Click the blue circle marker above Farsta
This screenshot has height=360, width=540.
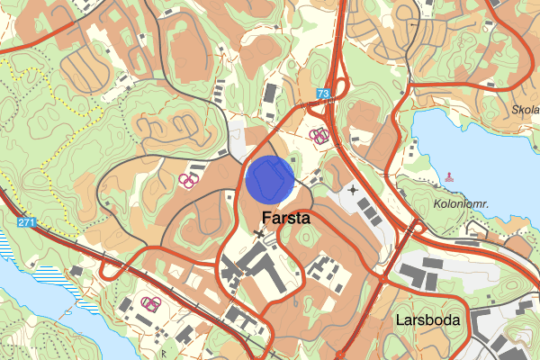(270, 179)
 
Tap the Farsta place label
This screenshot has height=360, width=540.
(286, 218)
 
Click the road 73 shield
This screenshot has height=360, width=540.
(324, 94)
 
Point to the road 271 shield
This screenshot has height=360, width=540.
(28, 221)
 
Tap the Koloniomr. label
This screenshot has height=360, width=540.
(459, 204)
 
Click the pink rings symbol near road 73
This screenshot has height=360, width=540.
(319, 136)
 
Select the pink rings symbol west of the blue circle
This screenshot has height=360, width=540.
(190, 180)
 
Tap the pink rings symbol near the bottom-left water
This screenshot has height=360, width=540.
(150, 303)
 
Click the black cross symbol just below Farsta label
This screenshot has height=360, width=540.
(261, 234)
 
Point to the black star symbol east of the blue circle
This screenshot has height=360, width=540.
(353, 191)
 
